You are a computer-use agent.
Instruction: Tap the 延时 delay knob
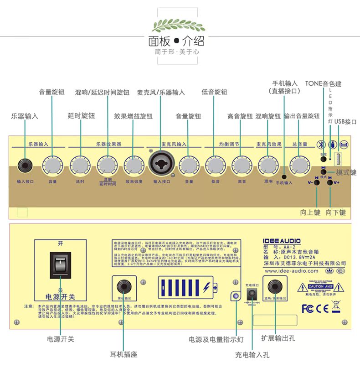pyautogui.click(x=79, y=165)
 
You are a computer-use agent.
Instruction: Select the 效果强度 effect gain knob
pyautogui.click(x=133, y=165)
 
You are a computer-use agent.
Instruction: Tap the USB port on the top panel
pyautogui.click(x=339, y=160)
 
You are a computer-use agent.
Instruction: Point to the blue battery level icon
pyautogui.click(x=187, y=288)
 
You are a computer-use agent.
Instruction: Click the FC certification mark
pyautogui.click(x=308, y=308)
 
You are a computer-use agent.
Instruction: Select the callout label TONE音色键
pyautogui.click(x=323, y=84)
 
